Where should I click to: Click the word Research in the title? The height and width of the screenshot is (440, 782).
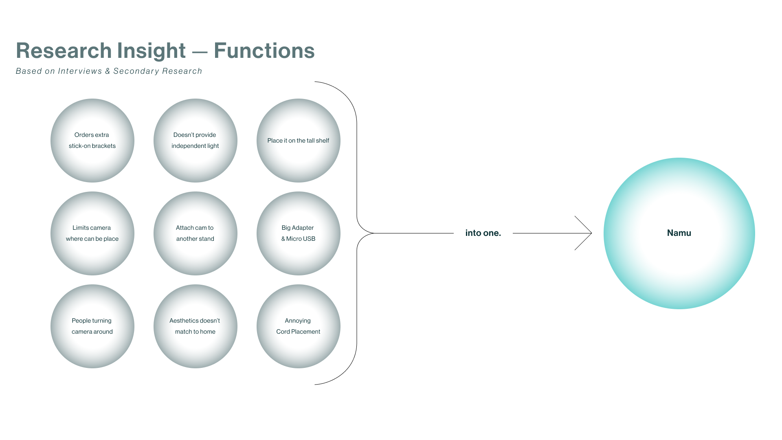64,51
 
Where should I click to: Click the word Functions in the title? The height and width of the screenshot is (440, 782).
264,51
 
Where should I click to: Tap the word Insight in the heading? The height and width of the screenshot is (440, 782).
151,51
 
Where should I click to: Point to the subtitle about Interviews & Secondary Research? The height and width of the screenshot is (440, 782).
109,71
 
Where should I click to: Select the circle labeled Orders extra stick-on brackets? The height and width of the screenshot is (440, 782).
92,141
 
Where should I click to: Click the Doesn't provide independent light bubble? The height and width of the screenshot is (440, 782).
195,141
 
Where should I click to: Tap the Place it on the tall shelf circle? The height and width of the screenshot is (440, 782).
299,141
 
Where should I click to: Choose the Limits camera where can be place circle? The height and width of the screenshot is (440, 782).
92,233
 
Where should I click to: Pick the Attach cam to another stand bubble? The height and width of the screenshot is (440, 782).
195,233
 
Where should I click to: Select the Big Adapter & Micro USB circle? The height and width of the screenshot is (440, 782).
299,233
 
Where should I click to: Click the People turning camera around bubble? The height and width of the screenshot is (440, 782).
92,326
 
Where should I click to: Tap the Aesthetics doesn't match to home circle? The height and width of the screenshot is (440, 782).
195,326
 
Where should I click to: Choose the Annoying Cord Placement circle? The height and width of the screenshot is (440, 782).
299,326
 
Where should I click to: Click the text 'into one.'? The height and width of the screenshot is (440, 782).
483,233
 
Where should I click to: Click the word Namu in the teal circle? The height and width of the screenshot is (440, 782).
679,233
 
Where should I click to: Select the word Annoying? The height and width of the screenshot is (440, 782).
298,321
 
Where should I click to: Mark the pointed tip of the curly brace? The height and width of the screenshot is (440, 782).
373,233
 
